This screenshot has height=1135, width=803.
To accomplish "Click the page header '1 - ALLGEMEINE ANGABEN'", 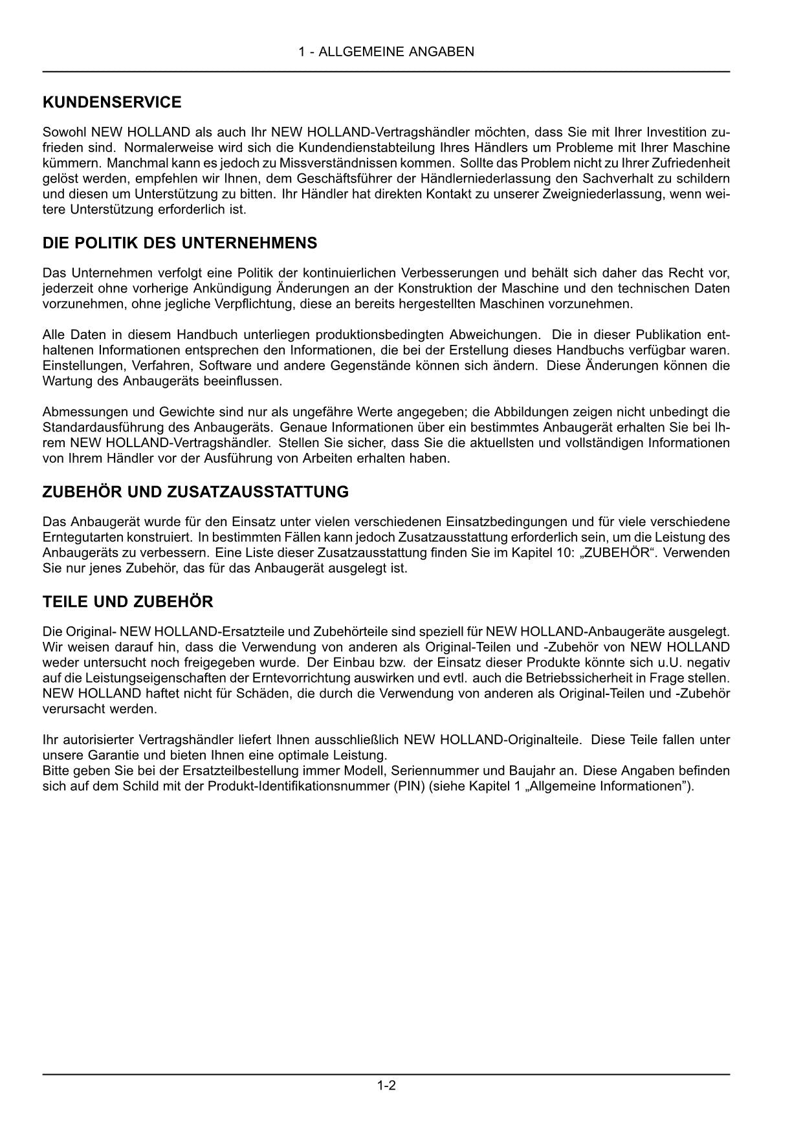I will tap(386, 52).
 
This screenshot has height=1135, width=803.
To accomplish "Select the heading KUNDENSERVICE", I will tap(112, 102).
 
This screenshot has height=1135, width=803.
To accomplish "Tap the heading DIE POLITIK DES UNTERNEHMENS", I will tap(180, 243).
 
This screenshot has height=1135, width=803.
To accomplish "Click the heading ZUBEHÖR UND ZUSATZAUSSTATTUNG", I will tap(195, 492).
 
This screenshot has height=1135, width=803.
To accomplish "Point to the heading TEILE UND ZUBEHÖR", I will tap(127, 602).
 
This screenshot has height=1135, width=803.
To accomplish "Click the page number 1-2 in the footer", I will tap(386, 1086).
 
